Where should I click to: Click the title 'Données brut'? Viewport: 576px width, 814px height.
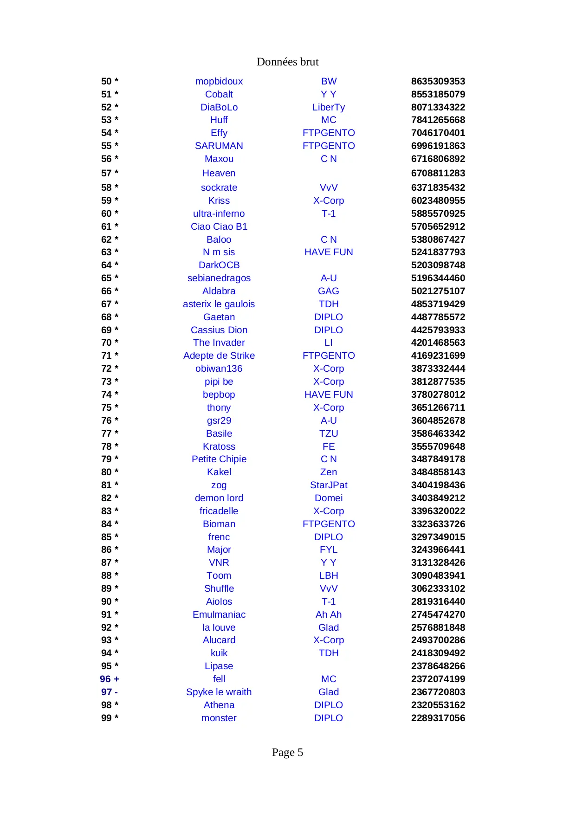click(x=287, y=62)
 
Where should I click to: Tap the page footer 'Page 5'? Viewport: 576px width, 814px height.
click(x=287, y=752)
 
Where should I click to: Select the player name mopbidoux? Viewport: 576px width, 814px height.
click(x=219, y=81)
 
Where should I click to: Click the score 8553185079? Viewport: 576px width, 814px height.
click(x=438, y=94)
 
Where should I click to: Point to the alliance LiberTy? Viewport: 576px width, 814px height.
click(x=328, y=107)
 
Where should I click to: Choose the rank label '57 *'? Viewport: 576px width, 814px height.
click(x=110, y=173)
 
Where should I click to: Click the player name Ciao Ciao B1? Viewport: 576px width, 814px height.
click(x=219, y=226)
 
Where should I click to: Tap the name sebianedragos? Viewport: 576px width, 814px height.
click(x=219, y=278)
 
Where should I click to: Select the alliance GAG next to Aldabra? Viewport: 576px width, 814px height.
click(x=328, y=291)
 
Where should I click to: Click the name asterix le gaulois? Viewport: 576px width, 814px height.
click(x=219, y=304)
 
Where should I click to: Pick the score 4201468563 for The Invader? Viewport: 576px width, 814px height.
click(x=438, y=342)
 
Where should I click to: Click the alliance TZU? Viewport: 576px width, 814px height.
click(x=328, y=433)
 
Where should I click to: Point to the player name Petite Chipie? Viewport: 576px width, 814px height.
click(x=219, y=459)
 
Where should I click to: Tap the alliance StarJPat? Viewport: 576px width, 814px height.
click(x=328, y=485)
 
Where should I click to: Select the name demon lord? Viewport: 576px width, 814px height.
click(x=219, y=498)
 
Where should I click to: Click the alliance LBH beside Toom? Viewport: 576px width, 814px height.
click(x=328, y=575)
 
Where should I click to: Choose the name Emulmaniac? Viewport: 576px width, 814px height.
click(x=219, y=614)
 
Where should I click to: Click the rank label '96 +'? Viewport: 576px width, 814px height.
click(x=110, y=679)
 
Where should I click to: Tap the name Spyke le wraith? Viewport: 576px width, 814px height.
click(x=219, y=692)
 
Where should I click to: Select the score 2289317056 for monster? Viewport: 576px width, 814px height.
click(x=438, y=718)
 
